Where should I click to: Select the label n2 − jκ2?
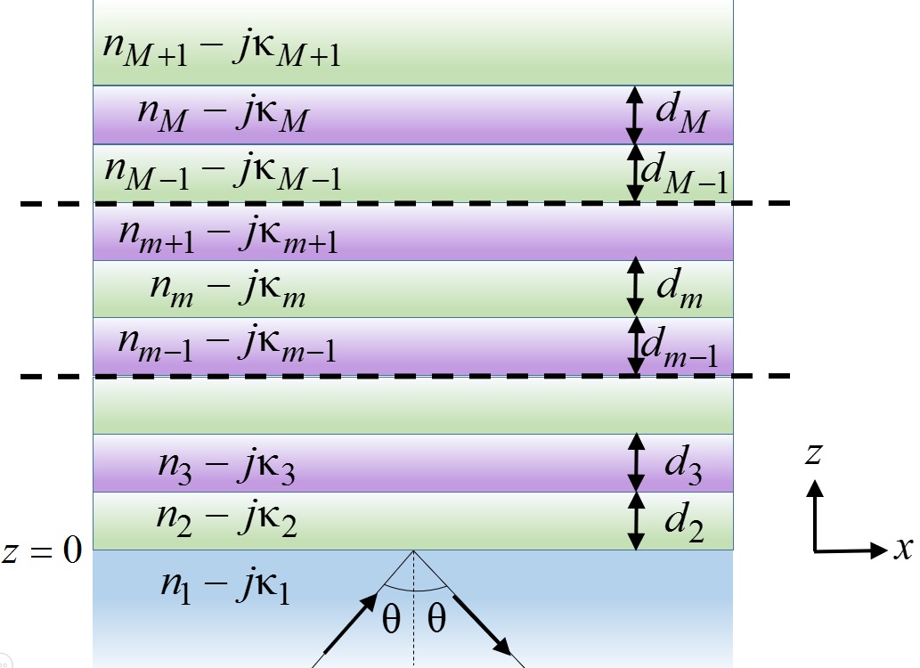click(x=226, y=519)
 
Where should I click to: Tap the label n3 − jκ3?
click(x=226, y=464)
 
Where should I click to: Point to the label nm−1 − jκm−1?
click(x=227, y=346)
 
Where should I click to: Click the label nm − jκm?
click(x=229, y=289)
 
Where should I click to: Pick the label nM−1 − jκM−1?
click(x=223, y=172)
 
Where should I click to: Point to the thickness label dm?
click(x=680, y=290)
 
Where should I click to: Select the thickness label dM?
click(x=681, y=117)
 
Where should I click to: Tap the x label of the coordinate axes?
click(x=903, y=549)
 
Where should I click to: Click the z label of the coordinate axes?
click(x=813, y=454)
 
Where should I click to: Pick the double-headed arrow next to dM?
click(x=633, y=115)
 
